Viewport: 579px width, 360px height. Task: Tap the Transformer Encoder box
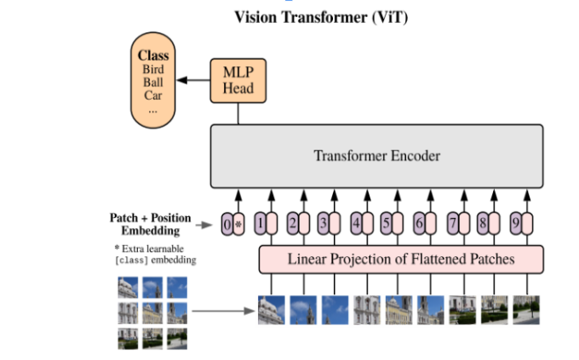376,156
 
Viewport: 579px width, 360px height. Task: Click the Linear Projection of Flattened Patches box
400,258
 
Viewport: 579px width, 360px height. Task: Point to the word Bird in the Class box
153,70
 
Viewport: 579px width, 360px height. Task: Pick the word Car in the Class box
153,96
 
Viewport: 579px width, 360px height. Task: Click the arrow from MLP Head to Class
195,81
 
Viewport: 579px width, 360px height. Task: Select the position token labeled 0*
232,225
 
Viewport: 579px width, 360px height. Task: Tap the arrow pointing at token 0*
204,226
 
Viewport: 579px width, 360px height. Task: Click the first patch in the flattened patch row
271,310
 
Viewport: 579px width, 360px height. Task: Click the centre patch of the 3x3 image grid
152,312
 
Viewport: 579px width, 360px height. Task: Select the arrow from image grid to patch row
221,311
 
